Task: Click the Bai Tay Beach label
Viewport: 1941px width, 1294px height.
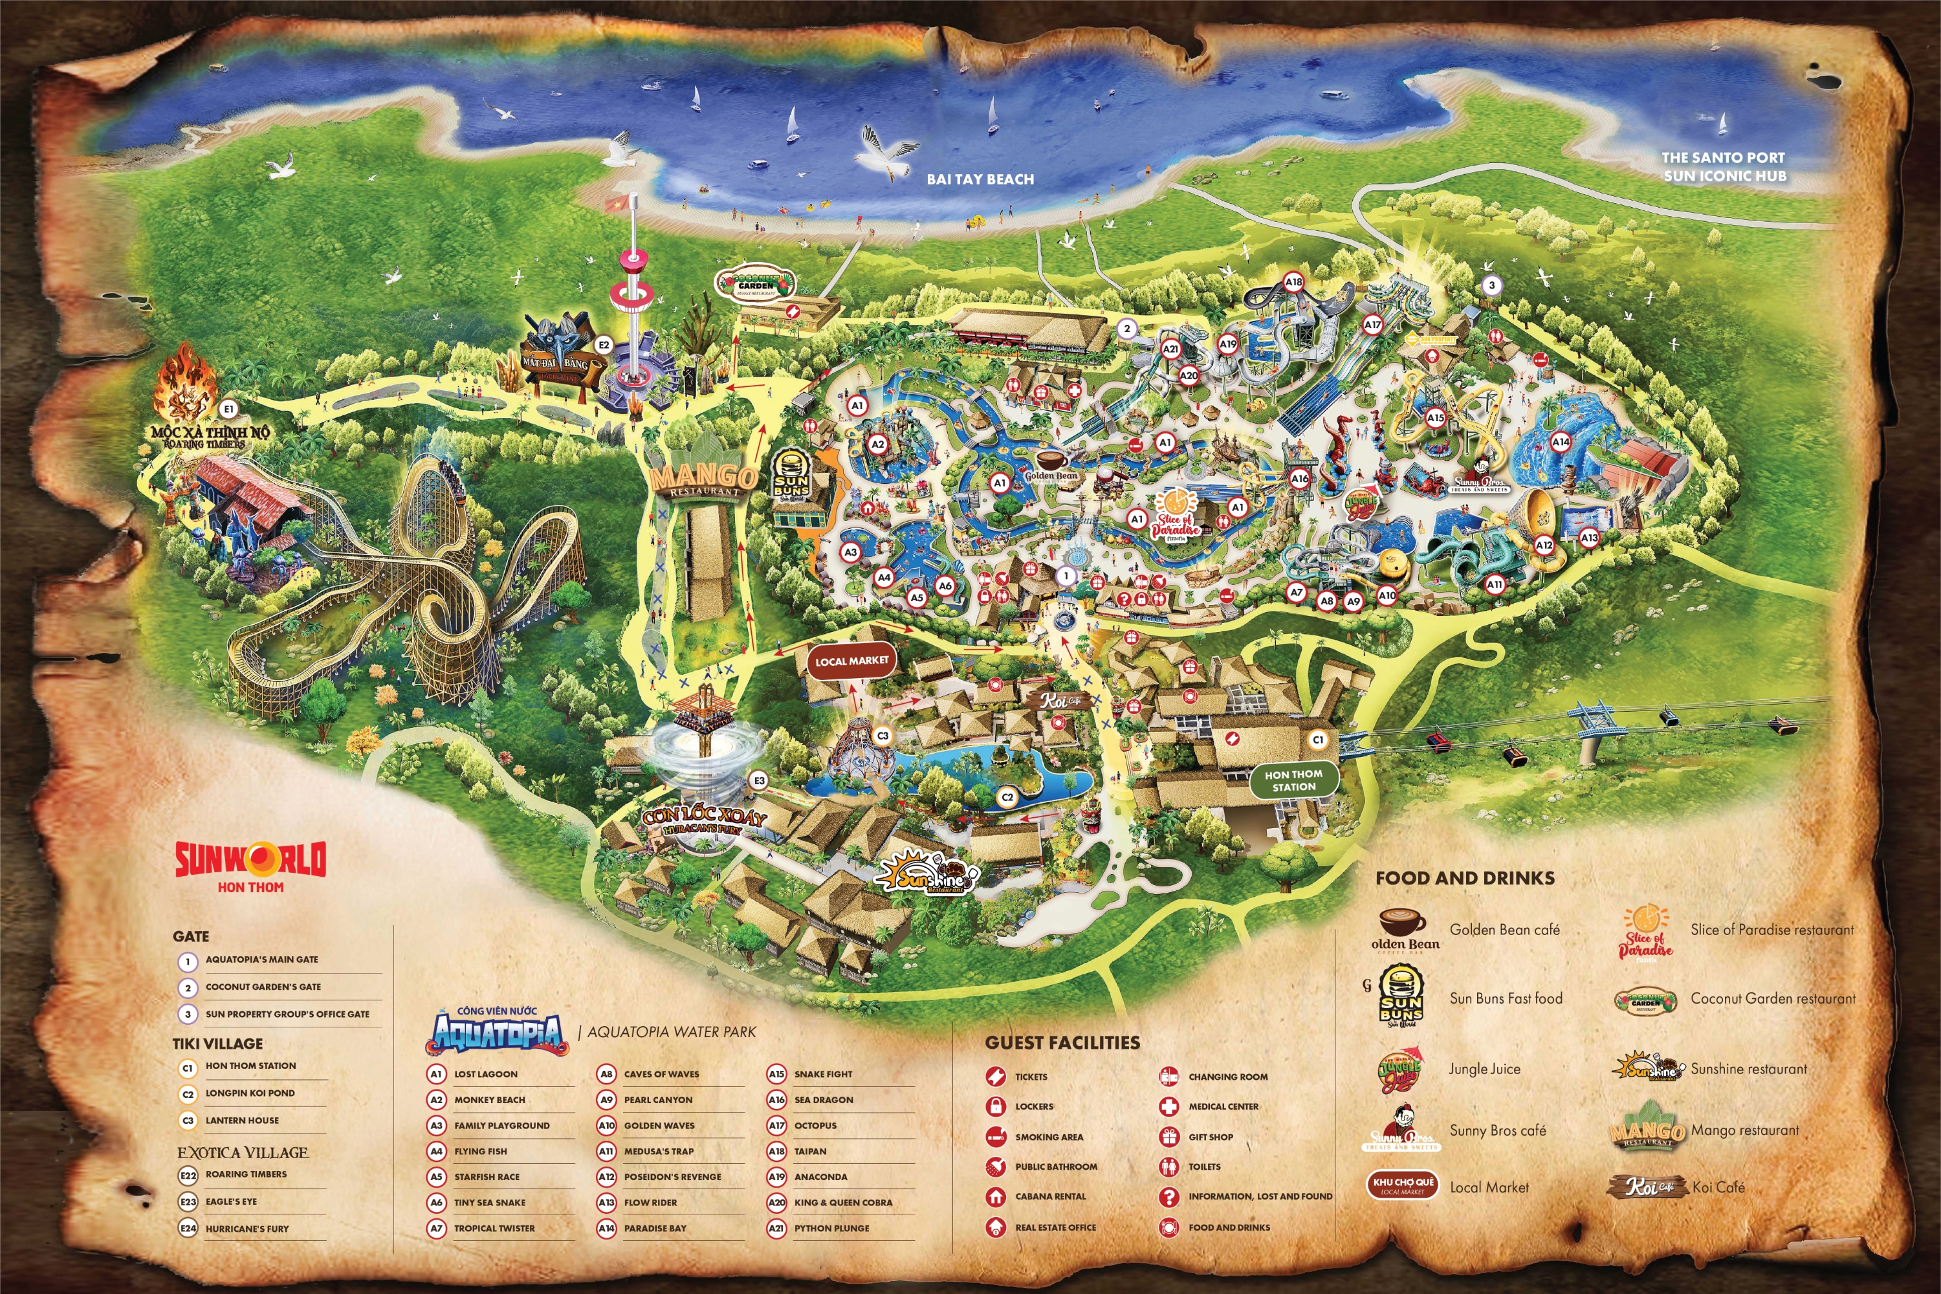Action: (980, 179)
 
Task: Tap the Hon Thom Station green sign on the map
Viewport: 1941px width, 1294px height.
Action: (1293, 780)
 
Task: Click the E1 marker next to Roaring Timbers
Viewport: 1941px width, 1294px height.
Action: (228, 408)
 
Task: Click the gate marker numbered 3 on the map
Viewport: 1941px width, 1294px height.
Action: (1491, 285)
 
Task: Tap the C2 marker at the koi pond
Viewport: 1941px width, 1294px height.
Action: (1007, 797)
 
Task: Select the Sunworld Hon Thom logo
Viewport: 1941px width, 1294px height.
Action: (250, 866)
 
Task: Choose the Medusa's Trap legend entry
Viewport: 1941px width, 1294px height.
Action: (658, 1151)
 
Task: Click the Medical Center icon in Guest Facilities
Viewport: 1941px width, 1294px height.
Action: (1168, 1106)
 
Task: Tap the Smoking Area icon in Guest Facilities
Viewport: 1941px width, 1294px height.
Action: (996, 1136)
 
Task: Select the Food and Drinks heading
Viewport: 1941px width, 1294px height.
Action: (1465, 878)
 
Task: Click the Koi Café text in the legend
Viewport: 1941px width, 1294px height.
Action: (1718, 1187)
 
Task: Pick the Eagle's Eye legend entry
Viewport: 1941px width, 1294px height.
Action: (231, 1201)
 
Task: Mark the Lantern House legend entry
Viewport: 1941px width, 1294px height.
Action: (242, 1121)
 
